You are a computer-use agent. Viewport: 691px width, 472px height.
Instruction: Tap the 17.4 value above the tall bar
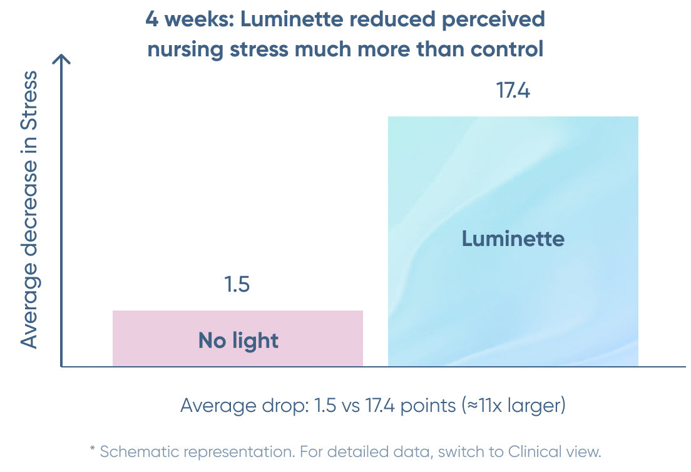(x=513, y=91)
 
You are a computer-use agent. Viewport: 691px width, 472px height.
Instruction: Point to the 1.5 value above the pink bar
(x=237, y=285)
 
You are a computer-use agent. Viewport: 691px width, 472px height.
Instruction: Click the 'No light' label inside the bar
(x=238, y=341)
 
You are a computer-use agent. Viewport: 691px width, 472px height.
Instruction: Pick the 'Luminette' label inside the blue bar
(x=513, y=239)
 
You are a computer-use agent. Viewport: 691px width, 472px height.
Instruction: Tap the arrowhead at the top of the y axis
(x=61, y=59)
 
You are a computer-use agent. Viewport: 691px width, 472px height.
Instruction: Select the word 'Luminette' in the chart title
(x=300, y=19)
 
